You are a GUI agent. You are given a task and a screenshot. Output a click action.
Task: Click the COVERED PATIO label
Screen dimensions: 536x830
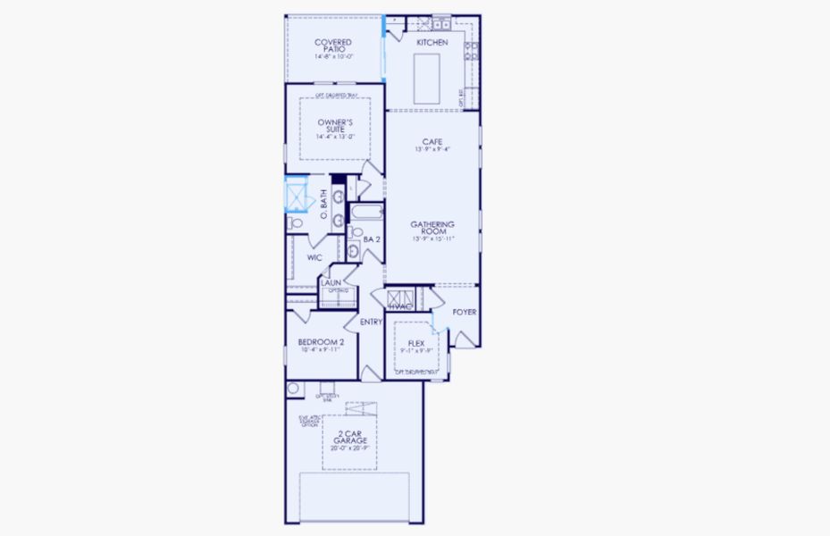tap(333, 46)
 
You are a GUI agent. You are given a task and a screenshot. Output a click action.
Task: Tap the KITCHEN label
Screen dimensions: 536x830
tap(432, 42)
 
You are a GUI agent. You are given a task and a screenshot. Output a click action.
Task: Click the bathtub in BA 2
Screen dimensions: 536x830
tap(366, 214)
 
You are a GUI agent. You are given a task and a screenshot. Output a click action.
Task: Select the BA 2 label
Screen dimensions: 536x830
tap(373, 239)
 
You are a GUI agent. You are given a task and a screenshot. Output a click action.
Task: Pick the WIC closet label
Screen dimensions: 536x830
tap(314, 257)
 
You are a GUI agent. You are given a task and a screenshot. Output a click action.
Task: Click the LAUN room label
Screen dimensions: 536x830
tap(331, 282)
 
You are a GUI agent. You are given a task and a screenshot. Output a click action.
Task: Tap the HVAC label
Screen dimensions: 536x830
tap(399, 306)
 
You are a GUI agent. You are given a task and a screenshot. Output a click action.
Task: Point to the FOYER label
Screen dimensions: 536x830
tap(464, 312)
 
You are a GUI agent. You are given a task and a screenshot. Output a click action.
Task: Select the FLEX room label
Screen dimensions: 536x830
tap(415, 343)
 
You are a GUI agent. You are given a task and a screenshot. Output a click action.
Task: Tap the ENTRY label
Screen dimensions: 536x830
tap(372, 322)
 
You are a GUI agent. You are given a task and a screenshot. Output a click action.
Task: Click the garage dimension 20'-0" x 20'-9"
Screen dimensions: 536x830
tap(350, 448)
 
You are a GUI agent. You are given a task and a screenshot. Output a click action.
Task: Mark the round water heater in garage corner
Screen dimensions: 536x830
tap(292, 389)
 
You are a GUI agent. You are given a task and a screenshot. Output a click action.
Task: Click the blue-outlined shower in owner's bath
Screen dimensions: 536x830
tap(294, 192)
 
